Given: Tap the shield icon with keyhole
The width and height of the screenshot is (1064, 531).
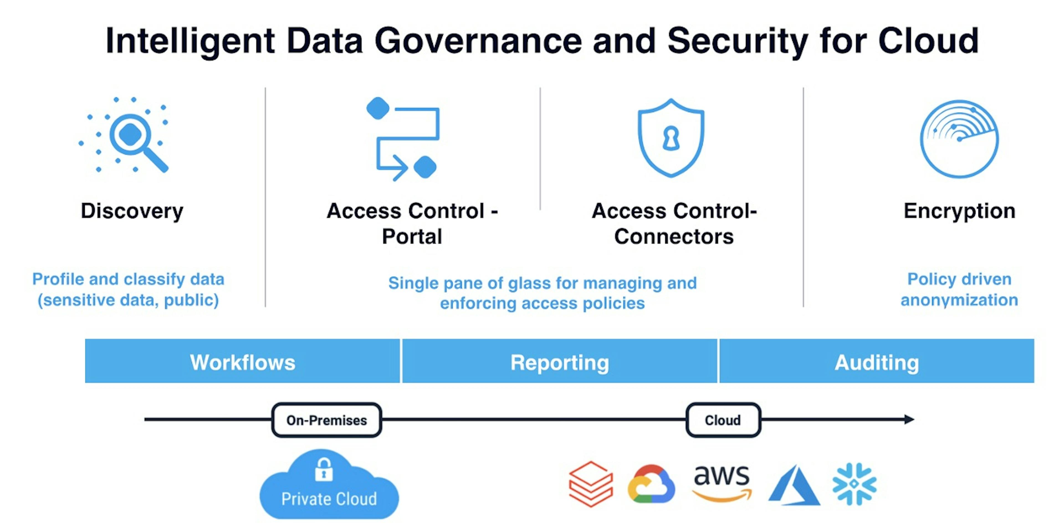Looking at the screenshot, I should tap(671, 138).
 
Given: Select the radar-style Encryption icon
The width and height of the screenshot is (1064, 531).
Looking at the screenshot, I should tap(959, 139).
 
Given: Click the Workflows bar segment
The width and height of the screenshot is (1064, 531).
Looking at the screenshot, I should tap(242, 362).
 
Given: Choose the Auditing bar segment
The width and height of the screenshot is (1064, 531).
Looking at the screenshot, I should tap(876, 362).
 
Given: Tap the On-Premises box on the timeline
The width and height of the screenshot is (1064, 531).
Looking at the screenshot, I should tap(326, 420).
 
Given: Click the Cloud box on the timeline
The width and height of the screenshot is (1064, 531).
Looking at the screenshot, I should tap(723, 420).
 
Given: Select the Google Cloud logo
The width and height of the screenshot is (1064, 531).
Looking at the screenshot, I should tap(651, 484).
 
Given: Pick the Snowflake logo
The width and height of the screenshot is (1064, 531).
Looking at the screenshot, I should tap(854, 484).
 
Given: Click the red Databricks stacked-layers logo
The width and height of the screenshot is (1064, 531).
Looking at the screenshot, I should tap(591, 484).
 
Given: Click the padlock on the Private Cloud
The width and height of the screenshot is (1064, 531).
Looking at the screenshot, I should tap(324, 470).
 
